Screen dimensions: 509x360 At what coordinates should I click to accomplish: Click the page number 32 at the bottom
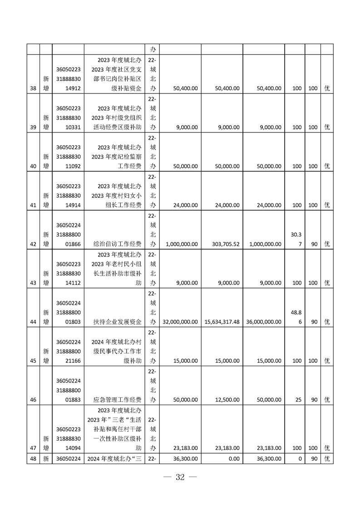coord(180,477)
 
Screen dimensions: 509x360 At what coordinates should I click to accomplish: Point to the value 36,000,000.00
coord(264,322)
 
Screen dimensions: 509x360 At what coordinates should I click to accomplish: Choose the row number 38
coord(33,88)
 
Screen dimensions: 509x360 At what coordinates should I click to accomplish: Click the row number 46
coord(33,400)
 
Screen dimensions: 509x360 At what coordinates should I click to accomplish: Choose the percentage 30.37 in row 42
coord(295,239)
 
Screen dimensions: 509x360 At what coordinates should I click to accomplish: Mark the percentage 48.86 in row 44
coord(295,317)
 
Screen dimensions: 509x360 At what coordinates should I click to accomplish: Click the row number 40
coord(33,166)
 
